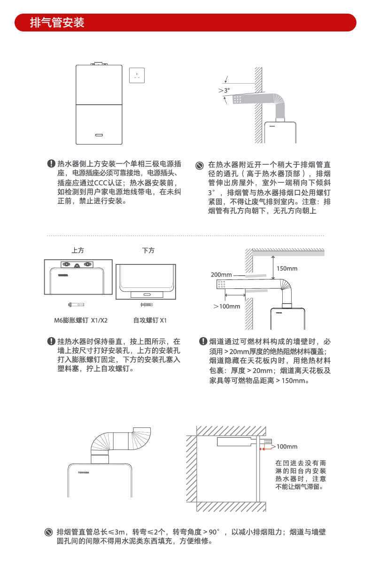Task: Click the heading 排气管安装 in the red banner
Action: (x=57, y=23)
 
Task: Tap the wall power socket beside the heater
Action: (x=137, y=75)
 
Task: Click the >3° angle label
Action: (x=224, y=90)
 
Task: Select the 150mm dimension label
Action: (x=287, y=269)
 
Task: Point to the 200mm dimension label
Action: (x=221, y=275)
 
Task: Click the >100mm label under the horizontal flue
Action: (x=227, y=306)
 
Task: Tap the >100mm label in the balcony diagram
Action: (x=285, y=446)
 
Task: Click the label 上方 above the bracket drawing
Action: (x=78, y=250)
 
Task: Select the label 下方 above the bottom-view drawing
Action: (x=148, y=250)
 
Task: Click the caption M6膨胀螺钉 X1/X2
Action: (x=80, y=320)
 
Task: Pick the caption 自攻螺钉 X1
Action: (x=150, y=320)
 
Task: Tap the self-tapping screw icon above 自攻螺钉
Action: (x=147, y=305)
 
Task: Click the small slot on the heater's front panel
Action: (x=100, y=134)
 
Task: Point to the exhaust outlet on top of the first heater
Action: (x=99, y=63)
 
